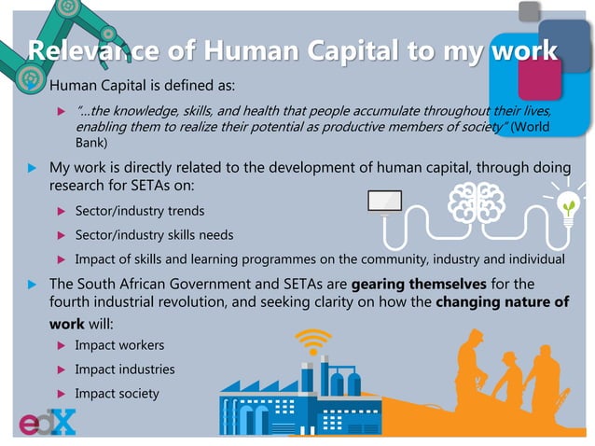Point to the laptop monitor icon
tap(385, 202)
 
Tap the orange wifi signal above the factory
tap(313, 341)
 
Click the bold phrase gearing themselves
tap(418, 283)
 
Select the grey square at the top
tap(529, 11)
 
